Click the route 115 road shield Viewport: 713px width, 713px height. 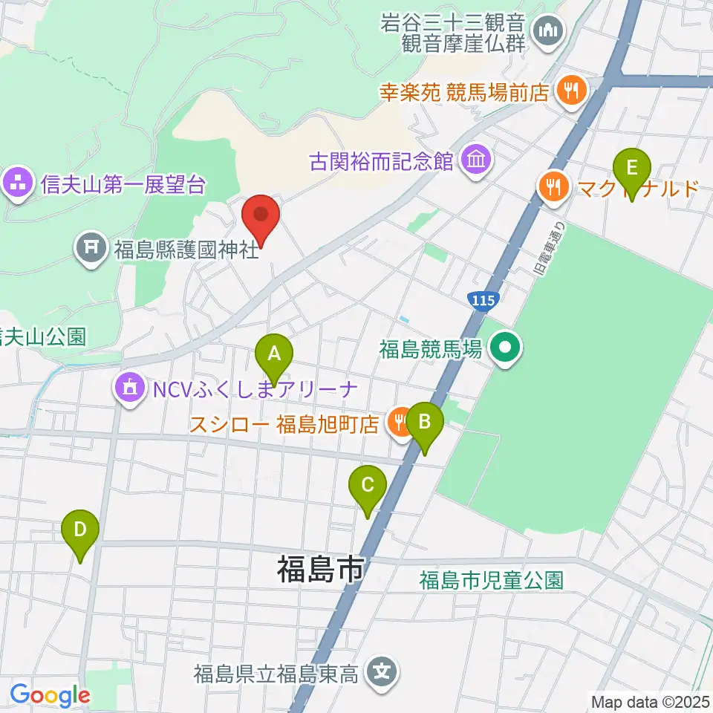click(x=483, y=299)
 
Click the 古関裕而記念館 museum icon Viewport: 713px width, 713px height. click(x=473, y=160)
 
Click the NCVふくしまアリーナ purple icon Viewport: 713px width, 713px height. click(x=130, y=387)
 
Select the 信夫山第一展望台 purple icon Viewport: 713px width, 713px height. click(x=17, y=183)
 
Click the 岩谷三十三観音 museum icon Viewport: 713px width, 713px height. click(x=550, y=30)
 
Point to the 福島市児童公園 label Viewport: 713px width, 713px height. click(x=491, y=579)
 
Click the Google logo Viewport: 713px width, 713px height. click(x=51, y=696)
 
